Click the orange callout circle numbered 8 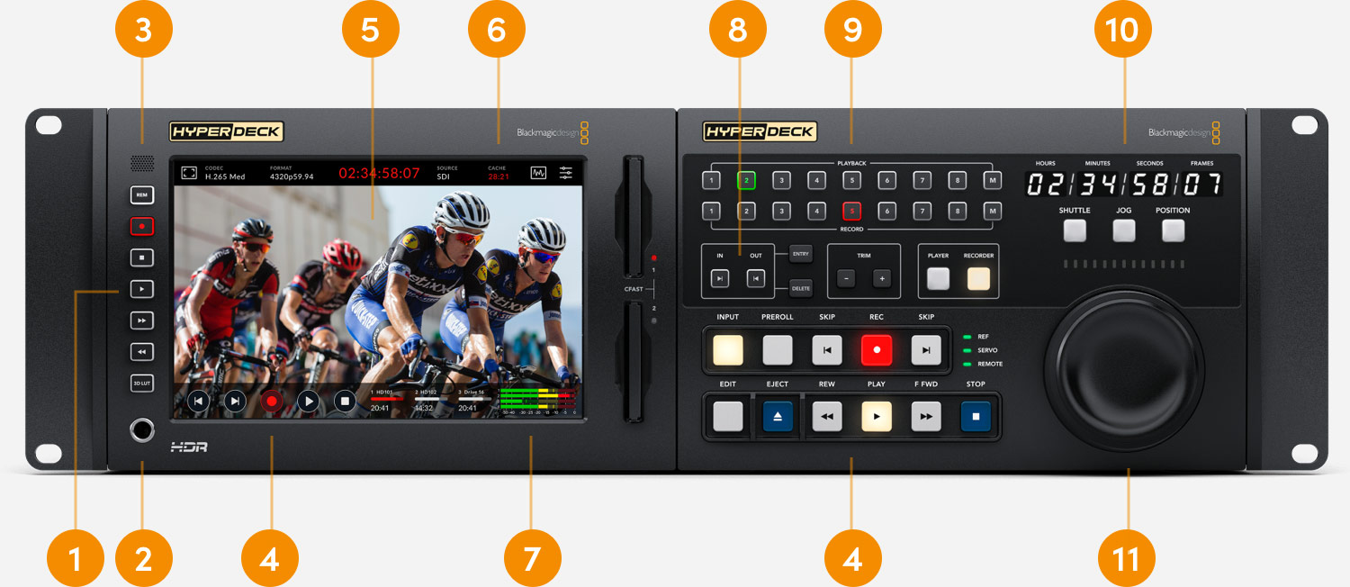pyautogui.click(x=738, y=30)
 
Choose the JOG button pyautogui.click(x=1123, y=230)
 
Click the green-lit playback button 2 pyautogui.click(x=747, y=180)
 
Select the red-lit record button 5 pyautogui.click(x=852, y=212)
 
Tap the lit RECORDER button pyautogui.click(x=978, y=278)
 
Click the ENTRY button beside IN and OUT pyautogui.click(x=800, y=255)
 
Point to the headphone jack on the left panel pyautogui.click(x=141, y=430)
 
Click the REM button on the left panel pyautogui.click(x=141, y=194)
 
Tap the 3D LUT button pyautogui.click(x=141, y=382)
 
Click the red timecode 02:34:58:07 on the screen pyautogui.click(x=379, y=173)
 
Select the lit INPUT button pyautogui.click(x=728, y=349)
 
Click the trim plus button pyautogui.click(x=881, y=278)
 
